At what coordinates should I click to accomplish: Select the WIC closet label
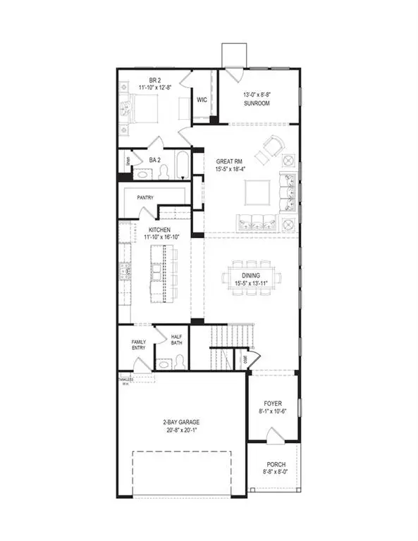(x=201, y=100)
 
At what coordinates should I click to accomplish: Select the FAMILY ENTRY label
(x=138, y=345)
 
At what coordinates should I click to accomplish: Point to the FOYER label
(x=273, y=405)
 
